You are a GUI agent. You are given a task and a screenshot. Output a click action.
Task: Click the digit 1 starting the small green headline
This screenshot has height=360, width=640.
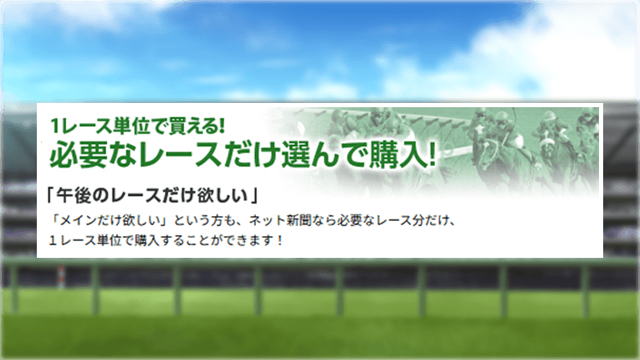tap(54, 126)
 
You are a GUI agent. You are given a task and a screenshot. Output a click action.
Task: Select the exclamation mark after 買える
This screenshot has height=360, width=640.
tap(222, 126)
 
